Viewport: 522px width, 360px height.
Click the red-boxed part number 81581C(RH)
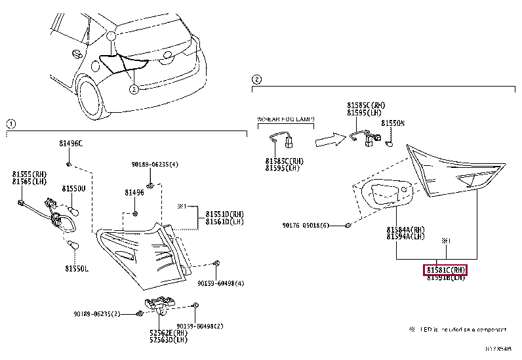point(446,270)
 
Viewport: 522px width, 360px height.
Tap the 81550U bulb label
point(74,188)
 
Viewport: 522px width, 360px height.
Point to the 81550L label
point(77,268)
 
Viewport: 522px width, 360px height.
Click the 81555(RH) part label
point(26,174)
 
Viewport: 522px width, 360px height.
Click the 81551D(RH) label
point(225,214)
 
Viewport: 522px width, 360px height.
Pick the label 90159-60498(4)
point(221,284)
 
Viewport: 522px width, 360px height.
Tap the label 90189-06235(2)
point(97,314)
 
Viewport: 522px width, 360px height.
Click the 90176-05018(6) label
point(306,226)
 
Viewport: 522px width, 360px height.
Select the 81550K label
point(393,123)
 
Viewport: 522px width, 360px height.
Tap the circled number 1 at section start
point(10,123)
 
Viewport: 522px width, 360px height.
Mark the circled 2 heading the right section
point(257,80)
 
